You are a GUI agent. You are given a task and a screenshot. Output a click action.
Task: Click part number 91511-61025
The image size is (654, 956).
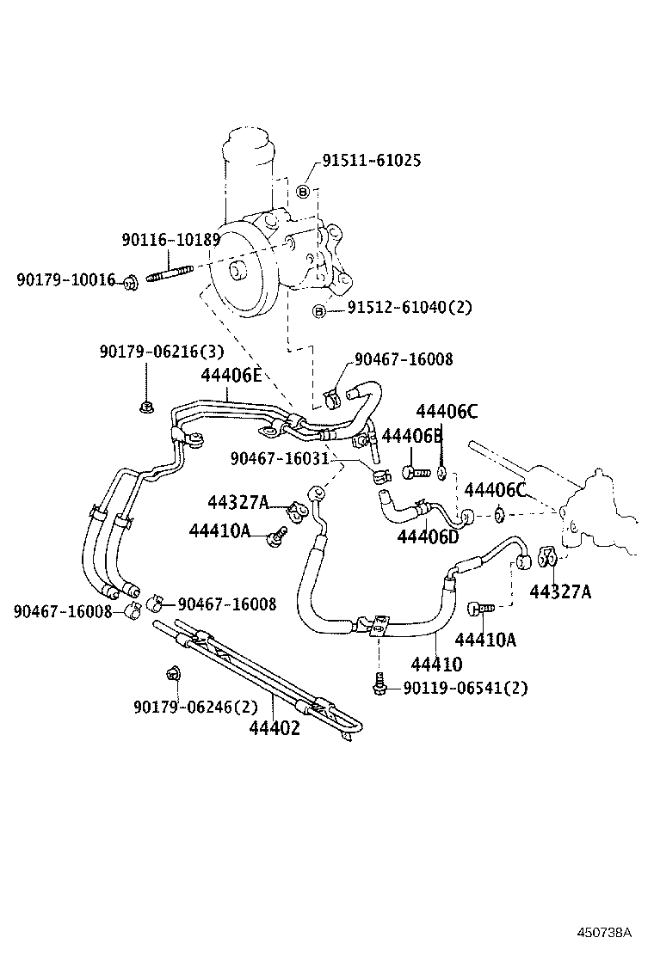pos(372,161)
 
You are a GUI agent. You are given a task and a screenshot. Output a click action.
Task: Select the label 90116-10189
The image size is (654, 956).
pos(170,240)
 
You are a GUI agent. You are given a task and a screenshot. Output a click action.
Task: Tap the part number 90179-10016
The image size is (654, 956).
pos(65,279)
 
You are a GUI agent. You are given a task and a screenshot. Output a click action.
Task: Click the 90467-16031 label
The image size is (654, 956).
pos(280,459)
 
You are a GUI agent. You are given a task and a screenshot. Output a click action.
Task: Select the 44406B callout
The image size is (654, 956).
pos(411,436)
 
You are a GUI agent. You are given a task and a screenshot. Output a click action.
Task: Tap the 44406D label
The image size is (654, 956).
pos(428,536)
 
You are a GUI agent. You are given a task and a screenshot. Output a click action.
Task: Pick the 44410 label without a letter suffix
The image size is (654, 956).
pos(436,664)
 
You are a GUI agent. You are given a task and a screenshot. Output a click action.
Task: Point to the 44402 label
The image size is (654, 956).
pos(275,728)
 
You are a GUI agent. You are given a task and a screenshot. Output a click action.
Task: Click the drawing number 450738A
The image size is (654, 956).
pos(604,932)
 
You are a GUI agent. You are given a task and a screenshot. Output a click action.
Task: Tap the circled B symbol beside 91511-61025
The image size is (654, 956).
pos(303,192)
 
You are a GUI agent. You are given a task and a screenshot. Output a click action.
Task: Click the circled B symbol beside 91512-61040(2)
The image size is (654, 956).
pos(319,310)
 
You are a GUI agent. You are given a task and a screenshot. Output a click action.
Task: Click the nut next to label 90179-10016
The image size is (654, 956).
pos(130,281)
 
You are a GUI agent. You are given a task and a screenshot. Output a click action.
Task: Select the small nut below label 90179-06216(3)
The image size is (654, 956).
pos(145,404)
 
